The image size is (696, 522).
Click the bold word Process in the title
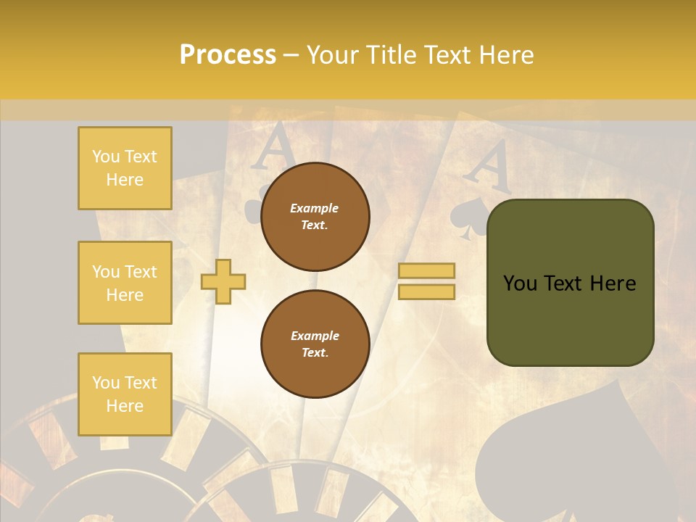(x=228, y=54)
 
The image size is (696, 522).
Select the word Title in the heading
(x=394, y=54)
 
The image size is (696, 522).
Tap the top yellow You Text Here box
(x=125, y=168)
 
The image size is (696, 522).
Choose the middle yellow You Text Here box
(x=125, y=283)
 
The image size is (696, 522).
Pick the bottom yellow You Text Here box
(x=125, y=394)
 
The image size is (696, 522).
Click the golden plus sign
(x=223, y=281)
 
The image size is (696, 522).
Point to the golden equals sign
(x=426, y=281)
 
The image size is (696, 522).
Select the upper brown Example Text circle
(x=315, y=217)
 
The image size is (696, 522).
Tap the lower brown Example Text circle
(x=315, y=344)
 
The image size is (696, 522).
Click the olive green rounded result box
(x=571, y=283)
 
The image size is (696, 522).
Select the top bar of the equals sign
(x=426, y=271)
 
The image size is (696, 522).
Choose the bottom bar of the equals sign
(x=426, y=291)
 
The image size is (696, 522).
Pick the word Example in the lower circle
(x=315, y=336)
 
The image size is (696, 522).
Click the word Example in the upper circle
(x=315, y=208)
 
